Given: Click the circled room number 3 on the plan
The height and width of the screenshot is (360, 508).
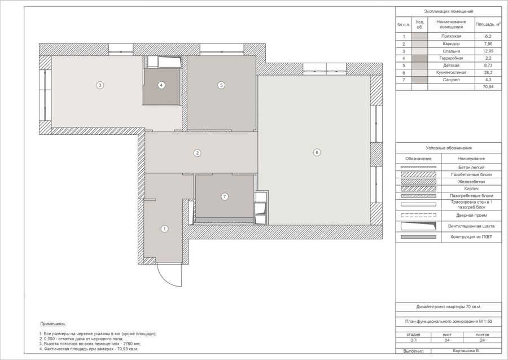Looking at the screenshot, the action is tap(100, 85).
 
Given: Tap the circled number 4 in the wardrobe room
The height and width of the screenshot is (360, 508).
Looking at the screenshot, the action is tap(161, 85).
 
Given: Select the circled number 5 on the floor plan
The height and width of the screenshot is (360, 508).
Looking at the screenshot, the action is tap(221, 85).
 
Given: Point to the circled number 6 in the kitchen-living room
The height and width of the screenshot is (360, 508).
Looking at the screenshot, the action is tap(317, 152).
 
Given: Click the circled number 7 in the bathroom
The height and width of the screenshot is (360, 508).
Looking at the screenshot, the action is tap(225, 196).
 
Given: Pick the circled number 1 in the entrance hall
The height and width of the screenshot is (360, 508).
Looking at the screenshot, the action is tap(165, 229).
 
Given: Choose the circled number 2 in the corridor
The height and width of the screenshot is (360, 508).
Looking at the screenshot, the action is tap(198, 153).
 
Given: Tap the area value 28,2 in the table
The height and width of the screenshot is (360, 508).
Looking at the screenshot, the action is tap(488, 73).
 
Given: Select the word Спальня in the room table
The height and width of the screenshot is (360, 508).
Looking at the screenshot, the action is tap(452, 51).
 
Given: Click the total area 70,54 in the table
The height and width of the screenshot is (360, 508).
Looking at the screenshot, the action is tap(488, 87).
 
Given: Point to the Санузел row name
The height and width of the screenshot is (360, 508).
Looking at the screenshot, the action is tap(452, 80).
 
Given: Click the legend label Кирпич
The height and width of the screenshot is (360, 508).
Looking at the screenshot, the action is tap(471, 188).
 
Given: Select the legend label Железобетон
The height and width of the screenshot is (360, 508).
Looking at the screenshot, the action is tap(471, 182).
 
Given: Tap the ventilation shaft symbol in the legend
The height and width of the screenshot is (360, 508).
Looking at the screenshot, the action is tap(418, 226).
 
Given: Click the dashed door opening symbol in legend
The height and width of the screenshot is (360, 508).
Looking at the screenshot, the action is tap(418, 216).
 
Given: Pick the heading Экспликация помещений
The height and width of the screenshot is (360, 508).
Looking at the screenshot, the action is tap(449, 11).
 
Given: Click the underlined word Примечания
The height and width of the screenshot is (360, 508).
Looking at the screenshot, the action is tap(53, 324).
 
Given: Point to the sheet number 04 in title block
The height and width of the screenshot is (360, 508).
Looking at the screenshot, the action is tap(447, 340).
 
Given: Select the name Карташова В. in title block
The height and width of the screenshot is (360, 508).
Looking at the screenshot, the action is tap(466, 351).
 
